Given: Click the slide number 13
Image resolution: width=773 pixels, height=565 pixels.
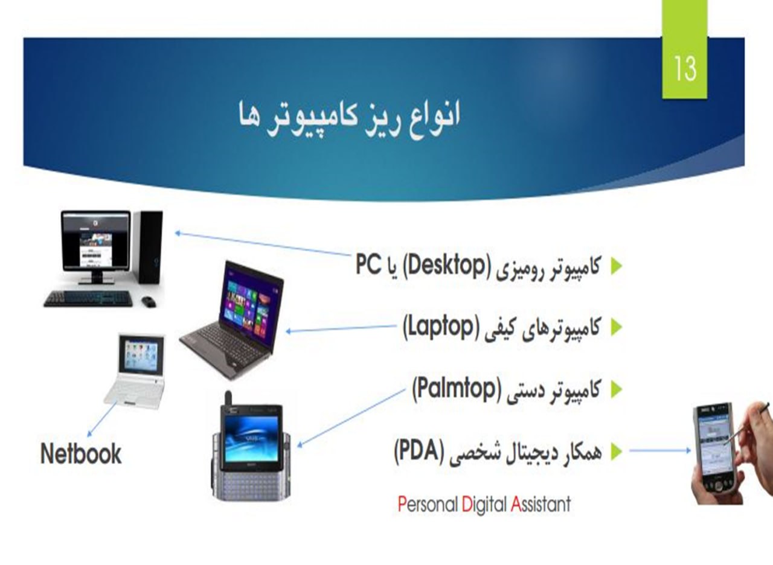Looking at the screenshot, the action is point(685,69).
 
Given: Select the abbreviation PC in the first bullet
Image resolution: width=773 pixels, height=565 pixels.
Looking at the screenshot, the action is point(368,264).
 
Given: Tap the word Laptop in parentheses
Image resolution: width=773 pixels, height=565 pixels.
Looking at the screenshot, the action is point(438,327).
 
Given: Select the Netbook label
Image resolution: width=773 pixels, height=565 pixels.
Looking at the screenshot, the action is point(81,453).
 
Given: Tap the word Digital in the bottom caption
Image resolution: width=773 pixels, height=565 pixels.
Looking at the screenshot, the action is point(484,505).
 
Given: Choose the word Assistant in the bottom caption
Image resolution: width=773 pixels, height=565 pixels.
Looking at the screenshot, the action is point(540,504).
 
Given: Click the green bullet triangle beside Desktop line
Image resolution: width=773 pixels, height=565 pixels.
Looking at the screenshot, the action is point(617,266).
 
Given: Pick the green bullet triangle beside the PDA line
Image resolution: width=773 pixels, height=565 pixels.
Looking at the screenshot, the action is point(617,451).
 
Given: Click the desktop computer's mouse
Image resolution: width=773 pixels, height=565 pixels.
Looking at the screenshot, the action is point(149,301).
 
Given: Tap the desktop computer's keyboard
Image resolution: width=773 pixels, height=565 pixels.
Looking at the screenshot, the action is point(88,299).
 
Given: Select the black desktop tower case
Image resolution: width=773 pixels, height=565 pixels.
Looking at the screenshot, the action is point(149,247).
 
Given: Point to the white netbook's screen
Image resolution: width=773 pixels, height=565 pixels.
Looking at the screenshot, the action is point(141,356).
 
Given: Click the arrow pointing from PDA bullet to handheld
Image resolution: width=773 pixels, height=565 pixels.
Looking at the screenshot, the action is point(660,450).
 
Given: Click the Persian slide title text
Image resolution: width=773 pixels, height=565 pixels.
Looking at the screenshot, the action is point(349,118).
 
